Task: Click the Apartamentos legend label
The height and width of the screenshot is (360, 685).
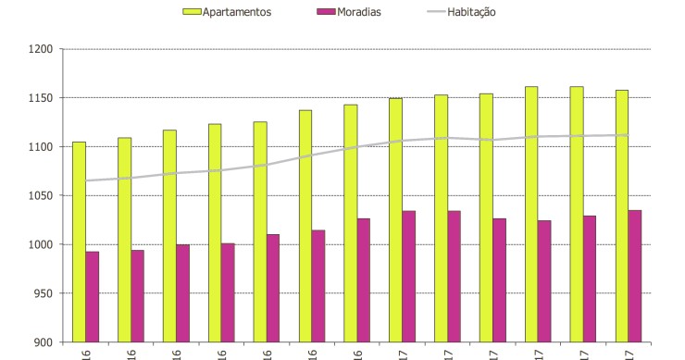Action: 237,12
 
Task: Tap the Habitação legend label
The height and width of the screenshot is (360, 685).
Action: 466,12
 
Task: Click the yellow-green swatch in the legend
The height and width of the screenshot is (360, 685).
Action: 192,12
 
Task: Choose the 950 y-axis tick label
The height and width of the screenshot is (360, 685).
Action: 44,293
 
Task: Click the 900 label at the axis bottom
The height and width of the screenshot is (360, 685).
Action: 44,342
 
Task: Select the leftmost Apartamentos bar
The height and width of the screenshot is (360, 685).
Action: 79,241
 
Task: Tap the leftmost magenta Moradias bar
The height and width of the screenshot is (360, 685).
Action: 93,296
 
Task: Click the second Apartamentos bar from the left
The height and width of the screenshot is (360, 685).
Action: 124,240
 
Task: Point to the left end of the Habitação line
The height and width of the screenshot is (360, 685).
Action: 86,180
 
